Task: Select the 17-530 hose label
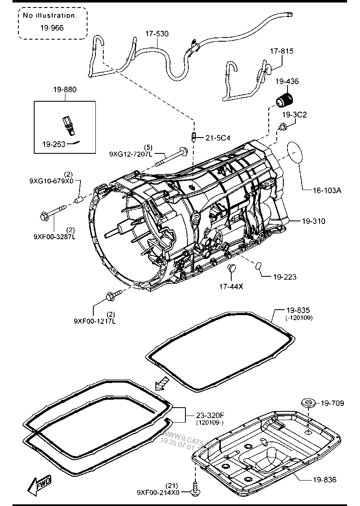[157, 34]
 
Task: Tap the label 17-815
[281, 51]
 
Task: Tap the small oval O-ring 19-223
[258, 265]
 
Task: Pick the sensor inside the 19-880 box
[67, 124]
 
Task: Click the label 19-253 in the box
[53, 144]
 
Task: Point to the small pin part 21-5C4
[193, 136]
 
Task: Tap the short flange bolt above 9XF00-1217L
[112, 295]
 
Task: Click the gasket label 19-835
[298, 311]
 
